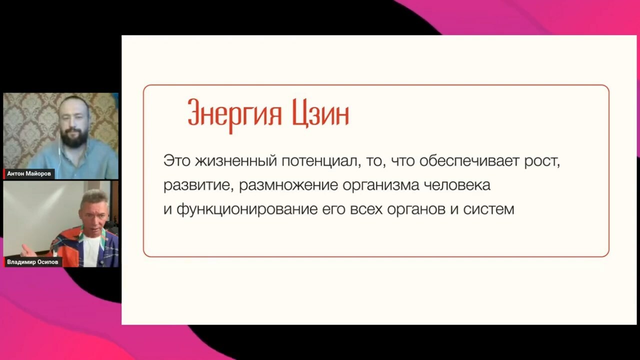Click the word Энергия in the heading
pos(235,115)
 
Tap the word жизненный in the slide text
pos(236,161)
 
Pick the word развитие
pos(198,185)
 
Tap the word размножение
pos(288,185)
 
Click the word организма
pos(381,185)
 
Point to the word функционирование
pos(247,209)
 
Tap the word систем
pos(488,209)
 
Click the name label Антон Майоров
pos(29,173)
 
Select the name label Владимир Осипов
pos(32,262)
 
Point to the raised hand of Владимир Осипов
pos(28,251)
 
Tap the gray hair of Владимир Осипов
pos(94,197)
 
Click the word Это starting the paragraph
pos(177,161)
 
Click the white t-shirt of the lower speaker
pos(90,251)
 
